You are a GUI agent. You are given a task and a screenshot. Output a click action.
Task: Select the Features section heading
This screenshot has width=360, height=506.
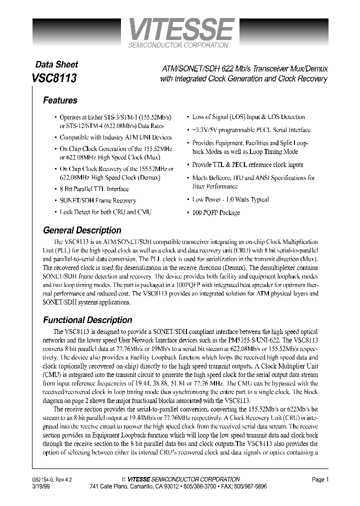(60, 100)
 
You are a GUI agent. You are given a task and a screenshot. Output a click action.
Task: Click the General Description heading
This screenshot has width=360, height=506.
(82, 230)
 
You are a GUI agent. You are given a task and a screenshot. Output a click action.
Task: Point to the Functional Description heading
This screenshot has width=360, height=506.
(87, 320)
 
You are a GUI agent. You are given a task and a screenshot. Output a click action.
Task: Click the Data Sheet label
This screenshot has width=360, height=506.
(56, 64)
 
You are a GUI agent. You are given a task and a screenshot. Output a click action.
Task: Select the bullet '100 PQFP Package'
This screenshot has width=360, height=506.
(216, 212)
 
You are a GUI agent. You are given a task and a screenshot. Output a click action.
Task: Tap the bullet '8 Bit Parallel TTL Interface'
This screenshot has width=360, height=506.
(94, 189)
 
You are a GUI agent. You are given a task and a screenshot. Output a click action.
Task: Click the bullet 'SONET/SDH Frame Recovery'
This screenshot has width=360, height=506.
(97, 200)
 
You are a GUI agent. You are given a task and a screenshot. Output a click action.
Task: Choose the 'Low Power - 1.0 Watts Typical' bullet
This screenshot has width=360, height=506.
(230, 199)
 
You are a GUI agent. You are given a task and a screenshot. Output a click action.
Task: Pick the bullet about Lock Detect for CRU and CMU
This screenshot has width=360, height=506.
(105, 212)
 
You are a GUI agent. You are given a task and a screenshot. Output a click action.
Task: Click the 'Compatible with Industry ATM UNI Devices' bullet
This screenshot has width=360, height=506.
(115, 137)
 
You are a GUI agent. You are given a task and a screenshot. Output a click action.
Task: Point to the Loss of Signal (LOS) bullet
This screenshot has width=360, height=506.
(248, 117)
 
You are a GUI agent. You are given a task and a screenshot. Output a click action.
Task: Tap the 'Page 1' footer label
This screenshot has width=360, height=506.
(320, 479)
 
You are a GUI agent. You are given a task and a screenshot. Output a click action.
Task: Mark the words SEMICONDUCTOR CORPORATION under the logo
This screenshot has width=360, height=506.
(178, 45)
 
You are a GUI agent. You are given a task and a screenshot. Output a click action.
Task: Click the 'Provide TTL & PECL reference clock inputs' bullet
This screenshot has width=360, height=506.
(247, 164)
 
